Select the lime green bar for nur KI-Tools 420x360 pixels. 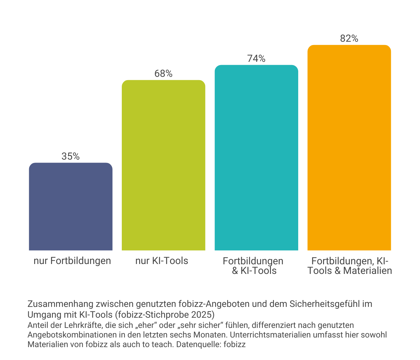pos(163,165)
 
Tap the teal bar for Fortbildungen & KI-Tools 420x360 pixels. pos(256,157)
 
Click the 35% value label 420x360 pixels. pos(70,156)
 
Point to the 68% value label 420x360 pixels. pos(163,74)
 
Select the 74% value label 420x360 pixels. pos(256,59)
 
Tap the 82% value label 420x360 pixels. pos(349,39)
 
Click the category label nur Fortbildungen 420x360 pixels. pos(72,261)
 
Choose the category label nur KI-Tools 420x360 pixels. pos(162,261)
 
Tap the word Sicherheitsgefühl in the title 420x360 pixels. pos(325,304)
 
